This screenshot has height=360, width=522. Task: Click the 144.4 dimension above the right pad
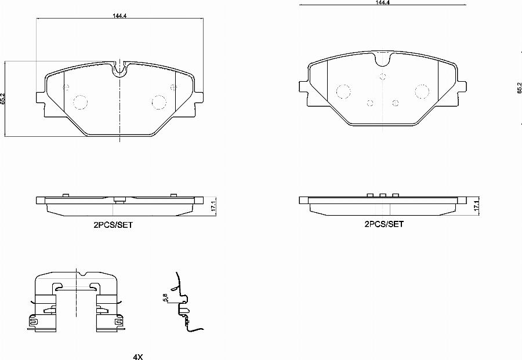[382, 3]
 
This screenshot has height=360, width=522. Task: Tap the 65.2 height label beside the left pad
[3, 99]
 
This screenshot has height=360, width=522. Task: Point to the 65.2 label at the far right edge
[519, 88]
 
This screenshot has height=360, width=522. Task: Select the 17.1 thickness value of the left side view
[213, 205]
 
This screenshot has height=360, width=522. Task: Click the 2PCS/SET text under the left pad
[113, 225]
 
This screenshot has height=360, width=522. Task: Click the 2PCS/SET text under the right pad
[383, 224]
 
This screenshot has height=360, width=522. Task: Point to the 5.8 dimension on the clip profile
[166, 297]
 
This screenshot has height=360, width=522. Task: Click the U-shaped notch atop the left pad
[119, 69]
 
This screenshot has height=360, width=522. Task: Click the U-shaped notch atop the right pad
[382, 58]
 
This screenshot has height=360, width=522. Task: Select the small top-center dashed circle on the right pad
[382, 76]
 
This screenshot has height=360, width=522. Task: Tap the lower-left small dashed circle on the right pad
[369, 103]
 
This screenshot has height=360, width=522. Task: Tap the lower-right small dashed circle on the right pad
[395, 103]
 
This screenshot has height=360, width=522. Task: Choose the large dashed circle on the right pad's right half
[422, 91]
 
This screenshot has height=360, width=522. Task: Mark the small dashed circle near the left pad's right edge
[173, 88]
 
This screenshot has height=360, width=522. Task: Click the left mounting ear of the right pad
[303, 87]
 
